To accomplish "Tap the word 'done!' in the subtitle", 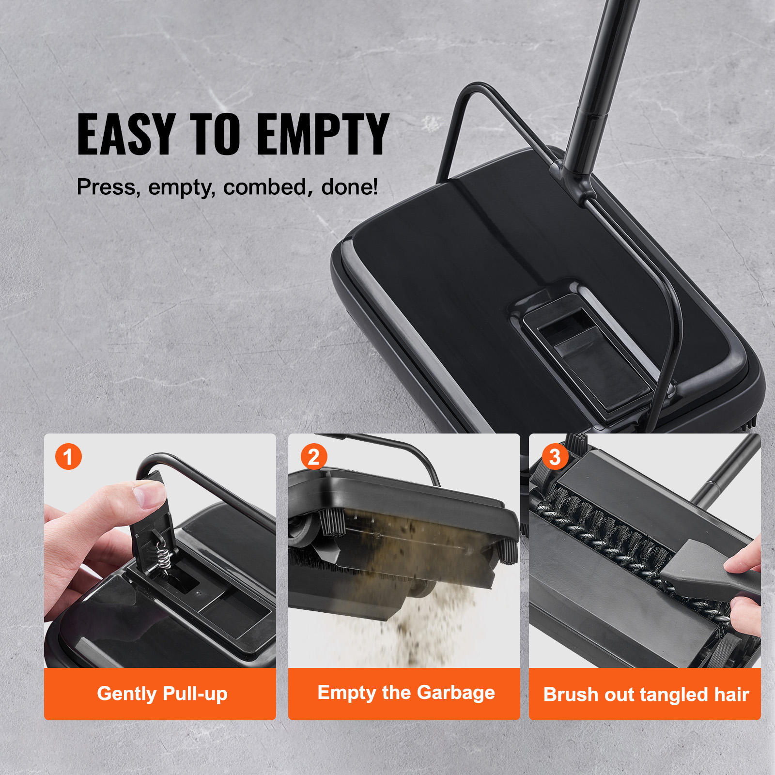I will click(349, 187).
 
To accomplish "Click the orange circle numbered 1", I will click(68, 456).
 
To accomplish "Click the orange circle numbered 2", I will click(313, 457).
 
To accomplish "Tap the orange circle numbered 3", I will click(555, 457).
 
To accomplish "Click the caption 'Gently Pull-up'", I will click(162, 694).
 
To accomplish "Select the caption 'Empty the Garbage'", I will click(406, 693).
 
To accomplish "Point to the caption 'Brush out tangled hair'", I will click(646, 695).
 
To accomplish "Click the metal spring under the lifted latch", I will click(162, 555).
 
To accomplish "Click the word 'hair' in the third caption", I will click(731, 695).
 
